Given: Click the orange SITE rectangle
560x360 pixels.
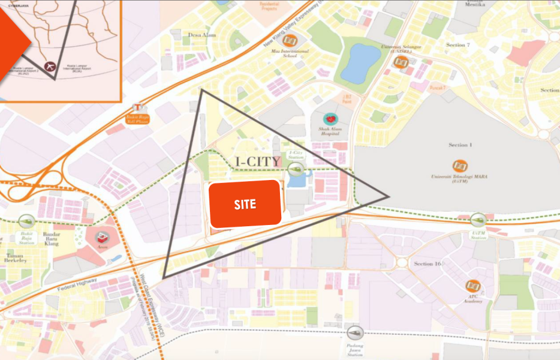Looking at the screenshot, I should pos(245,204).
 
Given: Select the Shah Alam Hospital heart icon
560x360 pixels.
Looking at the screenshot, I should pos(330,119).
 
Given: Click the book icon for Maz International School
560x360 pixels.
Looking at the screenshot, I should pos(290,40).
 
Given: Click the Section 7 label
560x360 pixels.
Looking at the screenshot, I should pos(459,45).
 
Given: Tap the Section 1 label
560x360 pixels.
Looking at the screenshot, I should pos(460,145).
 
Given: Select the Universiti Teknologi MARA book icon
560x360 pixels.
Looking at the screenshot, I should pos(460,165).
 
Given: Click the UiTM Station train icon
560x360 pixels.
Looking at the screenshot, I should pos(478,220).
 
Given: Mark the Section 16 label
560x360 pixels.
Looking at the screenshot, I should pos(427,263).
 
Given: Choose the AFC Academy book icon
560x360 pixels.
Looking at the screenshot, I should pos(474,286).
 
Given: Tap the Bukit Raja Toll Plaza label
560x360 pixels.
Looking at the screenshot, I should pos(138,118).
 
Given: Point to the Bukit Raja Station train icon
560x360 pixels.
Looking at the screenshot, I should pos(26,221).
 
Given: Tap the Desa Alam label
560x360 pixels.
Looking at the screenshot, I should pos(201,35).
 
